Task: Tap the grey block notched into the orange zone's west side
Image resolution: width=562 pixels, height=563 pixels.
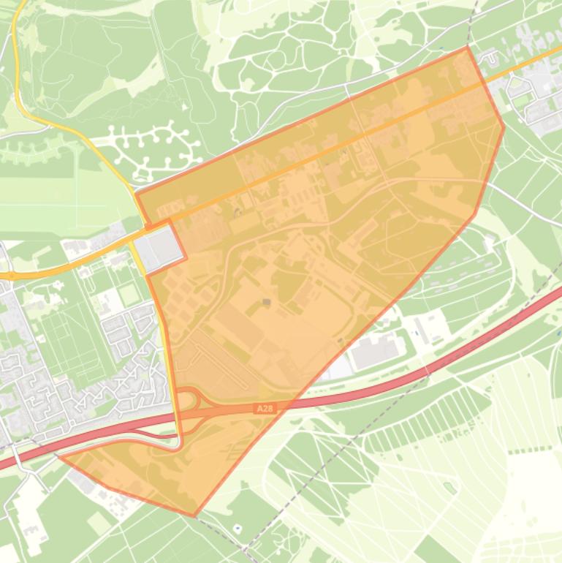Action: tap(162, 247)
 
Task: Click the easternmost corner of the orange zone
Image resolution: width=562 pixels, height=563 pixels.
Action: tap(504, 127)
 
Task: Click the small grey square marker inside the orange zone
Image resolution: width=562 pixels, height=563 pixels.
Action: tap(266, 301)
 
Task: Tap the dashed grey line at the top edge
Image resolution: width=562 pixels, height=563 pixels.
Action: tap(476, 15)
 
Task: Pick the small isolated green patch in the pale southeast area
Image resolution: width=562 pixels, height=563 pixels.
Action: tap(450, 488)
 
